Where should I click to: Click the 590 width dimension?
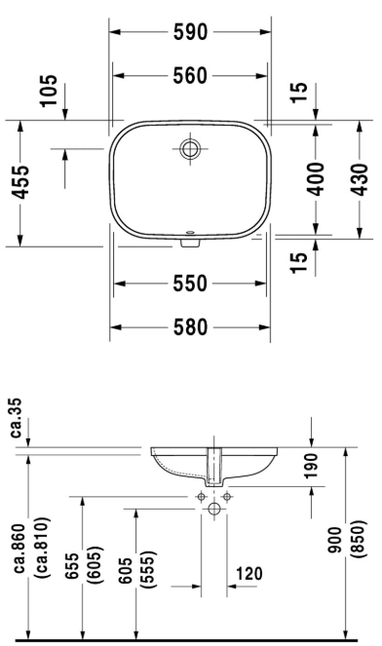pos(190,32)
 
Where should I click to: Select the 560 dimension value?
pos(190,76)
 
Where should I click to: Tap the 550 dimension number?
pos(190,284)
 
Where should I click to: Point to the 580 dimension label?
pos(190,327)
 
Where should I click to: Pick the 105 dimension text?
pos(48,91)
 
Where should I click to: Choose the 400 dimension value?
pos(316,179)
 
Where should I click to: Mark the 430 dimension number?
pos(359,179)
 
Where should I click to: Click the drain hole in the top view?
pos(190,148)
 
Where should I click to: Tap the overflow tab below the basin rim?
pos(190,243)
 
